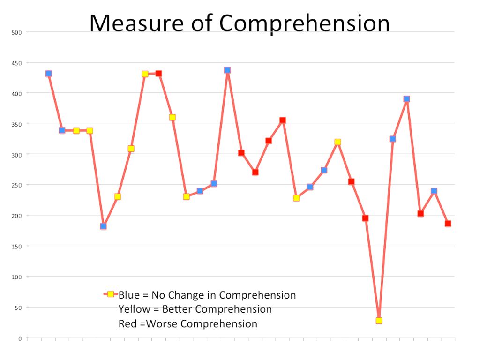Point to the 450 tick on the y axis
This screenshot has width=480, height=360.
coord(17,63)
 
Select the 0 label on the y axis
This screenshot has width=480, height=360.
coord(20,338)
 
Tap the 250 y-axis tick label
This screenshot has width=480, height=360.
coord(17,185)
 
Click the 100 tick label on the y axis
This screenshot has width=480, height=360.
coord(17,277)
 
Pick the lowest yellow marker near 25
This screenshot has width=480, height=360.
coord(379,321)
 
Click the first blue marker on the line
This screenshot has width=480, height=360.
coord(49,74)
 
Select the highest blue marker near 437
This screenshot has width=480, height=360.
coord(227,70)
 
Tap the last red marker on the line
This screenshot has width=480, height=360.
coord(448,224)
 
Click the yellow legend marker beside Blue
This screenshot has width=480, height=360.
coord(111,294)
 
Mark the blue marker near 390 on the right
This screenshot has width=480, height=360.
coord(406,99)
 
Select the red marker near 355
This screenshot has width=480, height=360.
coord(283,120)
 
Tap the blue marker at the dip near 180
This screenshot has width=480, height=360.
coord(104,226)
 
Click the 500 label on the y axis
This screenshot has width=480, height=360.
coord(17,32)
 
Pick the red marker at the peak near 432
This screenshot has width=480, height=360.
coord(158,74)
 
